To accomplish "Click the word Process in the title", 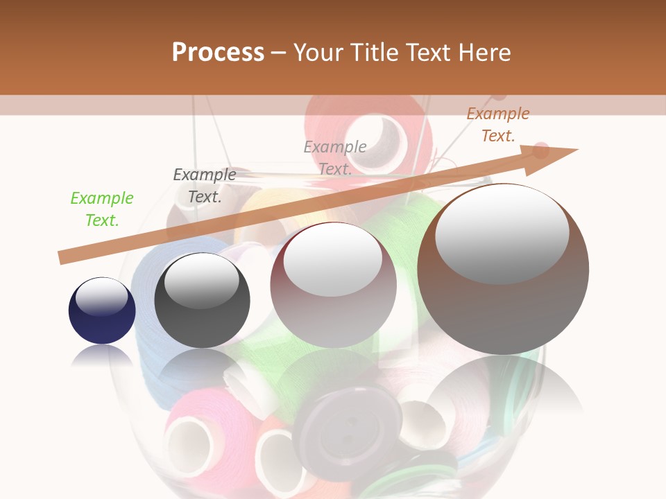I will (218, 52).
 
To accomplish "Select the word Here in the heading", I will (484, 52).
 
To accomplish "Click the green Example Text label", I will (102, 209).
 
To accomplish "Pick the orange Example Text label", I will (498, 125).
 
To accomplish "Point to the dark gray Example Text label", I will (205, 186).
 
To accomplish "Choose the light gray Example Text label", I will (335, 158).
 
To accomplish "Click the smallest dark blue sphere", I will (102, 311).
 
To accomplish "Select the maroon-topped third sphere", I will (333, 285).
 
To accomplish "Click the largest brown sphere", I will (503, 270).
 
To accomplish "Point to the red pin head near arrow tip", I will (540, 150).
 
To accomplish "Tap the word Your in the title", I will (318, 52).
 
